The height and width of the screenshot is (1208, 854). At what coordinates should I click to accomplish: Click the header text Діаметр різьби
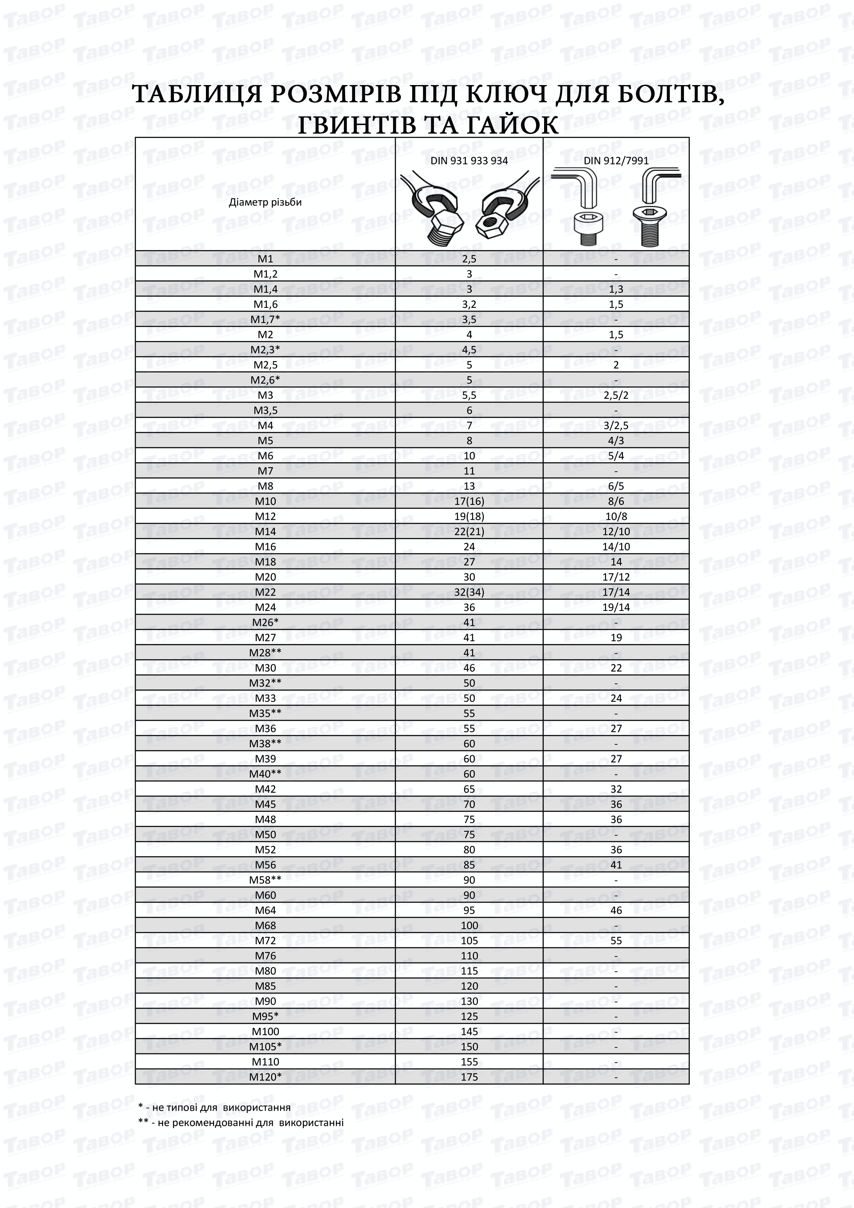coord(265,202)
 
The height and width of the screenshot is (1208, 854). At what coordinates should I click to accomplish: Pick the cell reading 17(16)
coord(469,501)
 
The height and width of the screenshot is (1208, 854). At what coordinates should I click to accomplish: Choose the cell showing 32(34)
coord(469,592)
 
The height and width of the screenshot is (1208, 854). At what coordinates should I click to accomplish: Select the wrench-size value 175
coord(469,1077)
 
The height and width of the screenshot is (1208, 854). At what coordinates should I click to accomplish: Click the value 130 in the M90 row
coord(469,1001)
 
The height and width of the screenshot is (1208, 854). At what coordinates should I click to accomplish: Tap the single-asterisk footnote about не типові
coord(214,1107)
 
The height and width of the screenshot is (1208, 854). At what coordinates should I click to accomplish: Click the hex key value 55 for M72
coord(616,941)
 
